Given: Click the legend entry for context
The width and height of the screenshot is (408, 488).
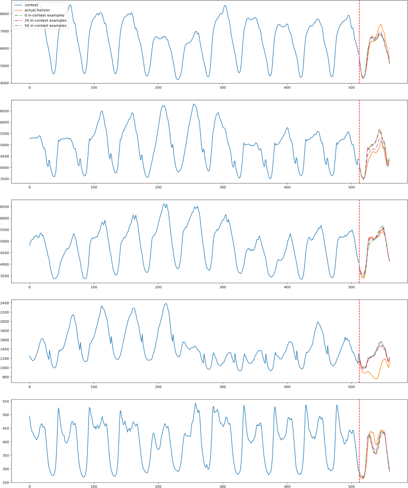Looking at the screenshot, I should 31,5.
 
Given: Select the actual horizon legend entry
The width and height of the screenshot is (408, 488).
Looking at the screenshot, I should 37,10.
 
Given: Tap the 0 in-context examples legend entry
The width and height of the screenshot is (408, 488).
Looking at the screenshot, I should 44,15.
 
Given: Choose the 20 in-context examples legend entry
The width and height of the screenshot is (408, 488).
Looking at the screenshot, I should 45,20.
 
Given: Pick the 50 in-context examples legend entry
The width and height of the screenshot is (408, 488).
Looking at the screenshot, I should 45,25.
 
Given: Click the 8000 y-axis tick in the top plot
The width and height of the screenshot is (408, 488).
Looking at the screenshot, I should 5,14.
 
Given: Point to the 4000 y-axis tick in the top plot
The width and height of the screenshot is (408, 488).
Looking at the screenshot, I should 5,83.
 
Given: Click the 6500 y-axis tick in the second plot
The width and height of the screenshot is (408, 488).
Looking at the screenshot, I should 5,111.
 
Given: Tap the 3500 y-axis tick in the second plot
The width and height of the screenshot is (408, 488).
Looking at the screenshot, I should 5,179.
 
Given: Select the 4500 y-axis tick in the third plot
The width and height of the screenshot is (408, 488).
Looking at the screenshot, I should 5,253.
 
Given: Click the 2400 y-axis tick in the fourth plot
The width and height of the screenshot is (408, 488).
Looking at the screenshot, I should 5,303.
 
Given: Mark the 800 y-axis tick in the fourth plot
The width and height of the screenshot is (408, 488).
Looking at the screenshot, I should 6,377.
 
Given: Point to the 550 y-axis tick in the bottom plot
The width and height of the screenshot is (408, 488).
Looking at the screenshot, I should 6,401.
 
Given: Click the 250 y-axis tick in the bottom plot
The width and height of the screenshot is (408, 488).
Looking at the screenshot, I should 6,483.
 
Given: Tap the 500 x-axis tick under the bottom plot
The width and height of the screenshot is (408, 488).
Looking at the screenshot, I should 351,486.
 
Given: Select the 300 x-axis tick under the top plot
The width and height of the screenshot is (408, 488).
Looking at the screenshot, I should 223,87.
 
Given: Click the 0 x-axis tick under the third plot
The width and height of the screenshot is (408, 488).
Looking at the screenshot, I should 30,287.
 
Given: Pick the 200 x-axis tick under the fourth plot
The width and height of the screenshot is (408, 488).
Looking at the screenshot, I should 158,387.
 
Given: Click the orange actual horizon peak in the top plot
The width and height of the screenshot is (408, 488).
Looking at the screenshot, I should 380,24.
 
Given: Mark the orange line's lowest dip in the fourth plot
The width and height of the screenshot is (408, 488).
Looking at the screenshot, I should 376,379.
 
